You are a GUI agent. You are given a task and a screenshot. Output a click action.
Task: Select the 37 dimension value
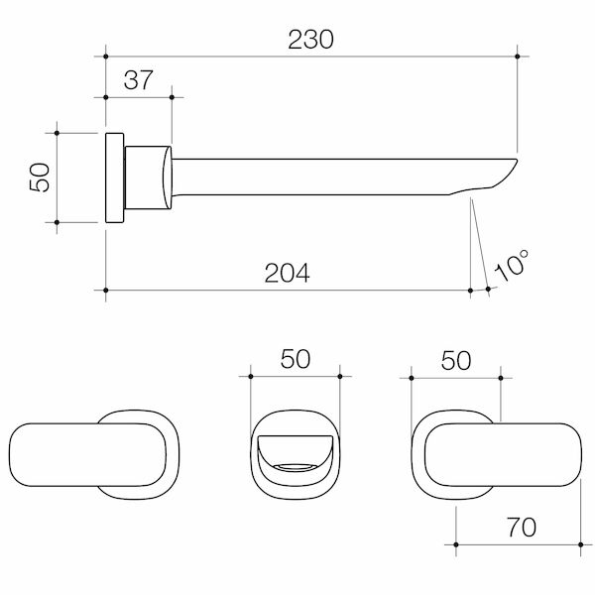[139, 81]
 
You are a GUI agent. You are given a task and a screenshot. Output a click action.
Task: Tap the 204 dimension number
[289, 273]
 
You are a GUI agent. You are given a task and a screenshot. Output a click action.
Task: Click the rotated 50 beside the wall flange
[40, 178]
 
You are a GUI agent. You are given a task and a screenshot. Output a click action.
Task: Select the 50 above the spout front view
[296, 359]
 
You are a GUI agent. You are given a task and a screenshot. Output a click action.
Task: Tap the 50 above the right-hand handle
[455, 360]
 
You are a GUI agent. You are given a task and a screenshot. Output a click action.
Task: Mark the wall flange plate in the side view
[114, 178]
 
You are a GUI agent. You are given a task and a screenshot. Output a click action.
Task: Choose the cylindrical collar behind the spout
[147, 178]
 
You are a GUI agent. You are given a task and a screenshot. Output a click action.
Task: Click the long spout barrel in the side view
[317, 174]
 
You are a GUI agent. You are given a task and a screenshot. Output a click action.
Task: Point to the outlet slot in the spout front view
[296, 464]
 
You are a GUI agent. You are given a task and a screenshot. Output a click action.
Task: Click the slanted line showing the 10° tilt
[478, 238]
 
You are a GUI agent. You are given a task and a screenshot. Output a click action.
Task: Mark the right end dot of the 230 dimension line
[518, 56]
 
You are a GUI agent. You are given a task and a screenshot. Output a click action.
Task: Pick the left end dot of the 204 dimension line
[106, 290]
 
